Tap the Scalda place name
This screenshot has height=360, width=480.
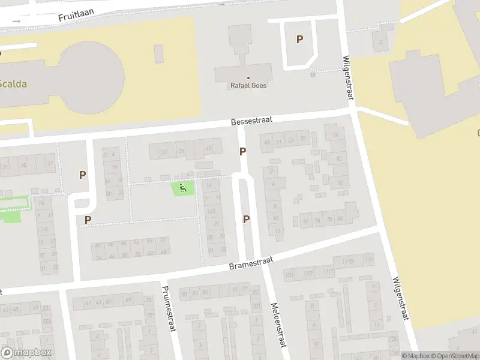(x=13, y=84)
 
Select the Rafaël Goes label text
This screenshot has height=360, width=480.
(x=248, y=86)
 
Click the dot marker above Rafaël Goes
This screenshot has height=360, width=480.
(x=248, y=77)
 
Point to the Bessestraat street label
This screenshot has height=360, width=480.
(x=252, y=121)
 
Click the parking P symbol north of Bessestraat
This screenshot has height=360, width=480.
(x=299, y=40)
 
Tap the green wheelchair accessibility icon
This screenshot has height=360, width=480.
(x=184, y=188)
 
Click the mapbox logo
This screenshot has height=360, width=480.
(x=26, y=353)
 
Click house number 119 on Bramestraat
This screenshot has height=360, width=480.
(x=368, y=260)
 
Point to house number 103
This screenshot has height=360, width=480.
(x=289, y=275)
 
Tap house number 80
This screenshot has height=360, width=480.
(x=340, y=218)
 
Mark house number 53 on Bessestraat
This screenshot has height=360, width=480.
(x=290, y=141)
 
